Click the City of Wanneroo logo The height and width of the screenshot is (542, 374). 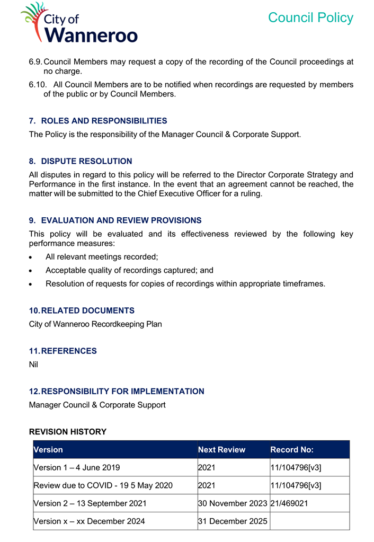click(79, 24)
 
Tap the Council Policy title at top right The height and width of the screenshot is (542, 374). click(310, 17)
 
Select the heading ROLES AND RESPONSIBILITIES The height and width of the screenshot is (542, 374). click(104, 121)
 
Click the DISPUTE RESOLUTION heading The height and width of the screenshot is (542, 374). click(86, 161)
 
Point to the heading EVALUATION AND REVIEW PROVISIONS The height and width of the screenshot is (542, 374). click(121, 220)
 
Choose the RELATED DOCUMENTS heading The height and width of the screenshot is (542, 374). click(87, 310)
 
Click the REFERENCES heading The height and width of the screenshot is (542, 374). click(68, 351)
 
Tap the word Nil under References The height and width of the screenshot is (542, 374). click(33, 365)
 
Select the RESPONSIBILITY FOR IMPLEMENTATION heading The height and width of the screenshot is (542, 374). click(122, 392)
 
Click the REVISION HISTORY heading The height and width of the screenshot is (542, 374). click(67, 432)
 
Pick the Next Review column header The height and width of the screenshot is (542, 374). click(221, 450)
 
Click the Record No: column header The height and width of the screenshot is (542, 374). click(292, 450)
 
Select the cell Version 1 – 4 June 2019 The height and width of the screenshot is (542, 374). click(77, 468)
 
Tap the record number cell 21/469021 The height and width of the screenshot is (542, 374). click(289, 503)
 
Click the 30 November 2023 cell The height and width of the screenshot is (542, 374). click(233, 503)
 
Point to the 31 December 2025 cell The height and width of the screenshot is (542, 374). click(233, 521)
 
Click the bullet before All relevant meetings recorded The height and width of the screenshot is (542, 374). click(32, 257)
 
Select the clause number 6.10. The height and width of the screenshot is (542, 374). click(38, 85)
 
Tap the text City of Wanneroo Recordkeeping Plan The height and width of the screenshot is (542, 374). click(95, 324)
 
